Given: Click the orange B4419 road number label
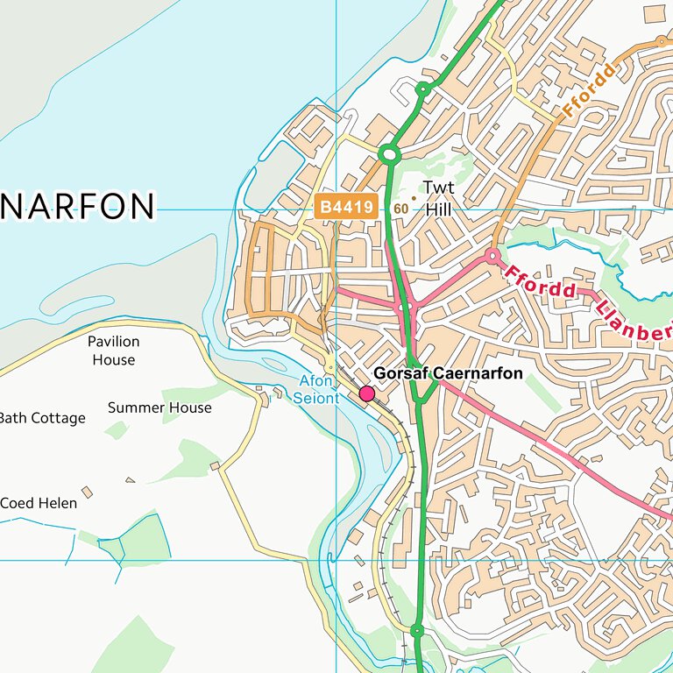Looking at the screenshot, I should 346,208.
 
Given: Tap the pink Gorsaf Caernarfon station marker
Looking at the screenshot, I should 367,394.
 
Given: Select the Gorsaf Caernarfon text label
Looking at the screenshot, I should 448,373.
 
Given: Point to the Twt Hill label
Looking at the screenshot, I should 438,198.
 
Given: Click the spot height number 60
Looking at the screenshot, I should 400,209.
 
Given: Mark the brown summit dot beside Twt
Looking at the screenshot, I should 414,198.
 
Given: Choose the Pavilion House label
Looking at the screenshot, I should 114,351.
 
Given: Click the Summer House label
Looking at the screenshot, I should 159,407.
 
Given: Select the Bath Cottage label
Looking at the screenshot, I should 42,418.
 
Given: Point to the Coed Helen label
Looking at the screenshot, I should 39,503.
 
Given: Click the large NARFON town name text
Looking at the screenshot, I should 77,207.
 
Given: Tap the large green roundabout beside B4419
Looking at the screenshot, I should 390,155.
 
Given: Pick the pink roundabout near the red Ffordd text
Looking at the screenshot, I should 492,255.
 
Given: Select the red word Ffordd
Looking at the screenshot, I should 540,282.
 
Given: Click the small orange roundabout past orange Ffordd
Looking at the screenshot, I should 661,41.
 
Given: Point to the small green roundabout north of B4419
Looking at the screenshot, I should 422,89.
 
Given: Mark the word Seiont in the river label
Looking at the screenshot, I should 315,398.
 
